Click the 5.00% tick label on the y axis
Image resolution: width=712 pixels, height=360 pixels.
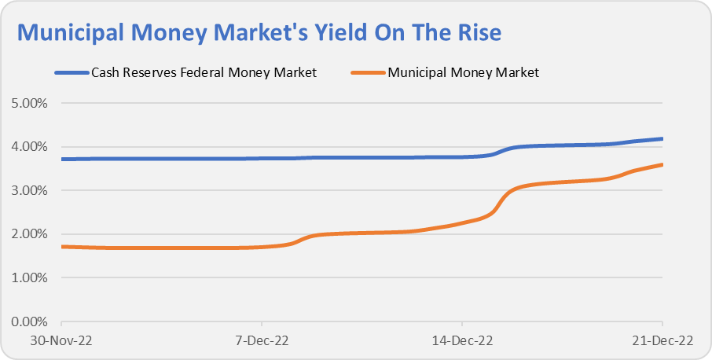point(29,103)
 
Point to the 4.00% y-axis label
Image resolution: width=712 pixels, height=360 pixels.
point(29,147)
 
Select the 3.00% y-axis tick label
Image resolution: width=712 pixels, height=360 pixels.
point(29,190)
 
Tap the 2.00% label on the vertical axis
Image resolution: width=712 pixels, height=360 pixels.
point(29,234)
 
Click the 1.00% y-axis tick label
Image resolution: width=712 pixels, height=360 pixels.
point(29,277)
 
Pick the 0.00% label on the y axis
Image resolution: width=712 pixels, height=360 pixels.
point(29,321)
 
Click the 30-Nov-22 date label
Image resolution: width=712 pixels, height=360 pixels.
point(61,341)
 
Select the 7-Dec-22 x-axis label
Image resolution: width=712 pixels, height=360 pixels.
point(262,341)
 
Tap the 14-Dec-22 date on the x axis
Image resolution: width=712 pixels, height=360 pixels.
point(462,341)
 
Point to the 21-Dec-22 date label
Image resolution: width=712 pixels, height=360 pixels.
point(662,341)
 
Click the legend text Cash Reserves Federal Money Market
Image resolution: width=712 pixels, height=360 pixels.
point(204,73)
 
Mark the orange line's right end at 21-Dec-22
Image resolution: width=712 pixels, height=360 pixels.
point(662,164)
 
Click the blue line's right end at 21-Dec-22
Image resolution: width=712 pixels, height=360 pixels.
point(662,139)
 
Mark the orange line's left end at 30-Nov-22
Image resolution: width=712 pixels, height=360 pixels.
point(61,247)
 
